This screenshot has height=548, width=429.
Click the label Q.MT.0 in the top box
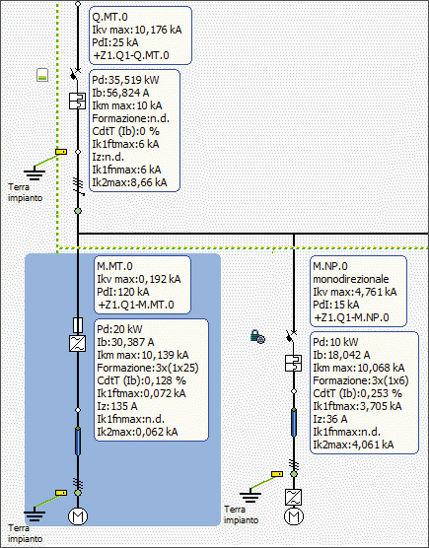point(109,17)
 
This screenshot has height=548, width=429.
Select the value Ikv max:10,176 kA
point(137,30)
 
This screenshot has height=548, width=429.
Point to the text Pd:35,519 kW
point(125,80)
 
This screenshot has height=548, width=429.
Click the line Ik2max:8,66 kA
point(129,182)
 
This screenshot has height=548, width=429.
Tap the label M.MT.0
point(114,266)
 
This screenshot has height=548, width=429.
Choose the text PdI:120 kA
point(123,292)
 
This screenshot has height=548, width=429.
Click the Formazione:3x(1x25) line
point(148,368)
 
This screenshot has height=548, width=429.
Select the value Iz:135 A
point(117,406)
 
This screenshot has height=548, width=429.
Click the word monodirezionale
point(351,279)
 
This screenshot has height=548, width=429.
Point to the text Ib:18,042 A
point(341,355)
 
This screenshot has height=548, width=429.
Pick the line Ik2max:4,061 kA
point(353,445)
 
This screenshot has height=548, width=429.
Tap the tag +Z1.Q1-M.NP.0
point(351,317)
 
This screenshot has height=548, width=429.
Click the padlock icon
point(257,336)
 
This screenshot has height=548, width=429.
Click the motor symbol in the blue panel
point(78,515)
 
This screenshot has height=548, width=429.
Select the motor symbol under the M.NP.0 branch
point(294,515)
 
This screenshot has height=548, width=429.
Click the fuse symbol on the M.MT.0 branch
point(78,325)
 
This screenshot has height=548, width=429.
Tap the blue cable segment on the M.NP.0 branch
point(294,423)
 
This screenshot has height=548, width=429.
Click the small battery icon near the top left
point(42,75)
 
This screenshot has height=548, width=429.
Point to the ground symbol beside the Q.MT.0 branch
point(35,173)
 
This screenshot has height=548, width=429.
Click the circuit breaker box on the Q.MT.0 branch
point(77,101)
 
